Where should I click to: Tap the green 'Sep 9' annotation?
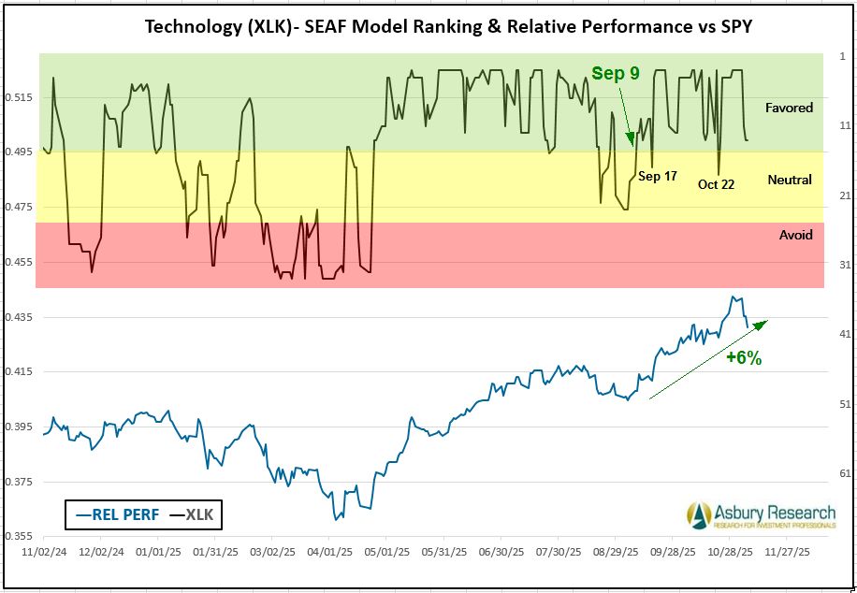(x=615, y=74)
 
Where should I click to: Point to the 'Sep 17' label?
(x=657, y=175)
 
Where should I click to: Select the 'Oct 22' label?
(x=716, y=184)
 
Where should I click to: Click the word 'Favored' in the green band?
(x=789, y=108)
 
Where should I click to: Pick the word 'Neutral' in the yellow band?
(x=789, y=180)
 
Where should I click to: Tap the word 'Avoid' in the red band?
(x=795, y=235)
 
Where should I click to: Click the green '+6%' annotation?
(x=744, y=358)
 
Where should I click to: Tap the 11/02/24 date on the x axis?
(x=42, y=553)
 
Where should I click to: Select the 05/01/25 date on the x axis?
(x=385, y=553)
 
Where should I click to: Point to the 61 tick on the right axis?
(x=844, y=474)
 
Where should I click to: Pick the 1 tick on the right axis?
(x=842, y=55)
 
